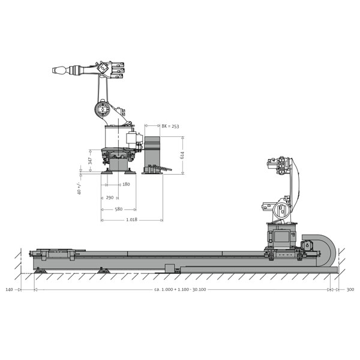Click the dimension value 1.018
pos(131,220)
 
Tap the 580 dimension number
pos(118,209)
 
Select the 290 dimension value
pos(110,197)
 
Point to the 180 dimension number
pos(126,184)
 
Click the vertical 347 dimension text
pos(90,161)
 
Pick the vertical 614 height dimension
pos(182,155)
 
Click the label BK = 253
pos(170,126)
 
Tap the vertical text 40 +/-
pos(79,188)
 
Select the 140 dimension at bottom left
pos(9,290)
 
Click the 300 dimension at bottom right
pos(350,290)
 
